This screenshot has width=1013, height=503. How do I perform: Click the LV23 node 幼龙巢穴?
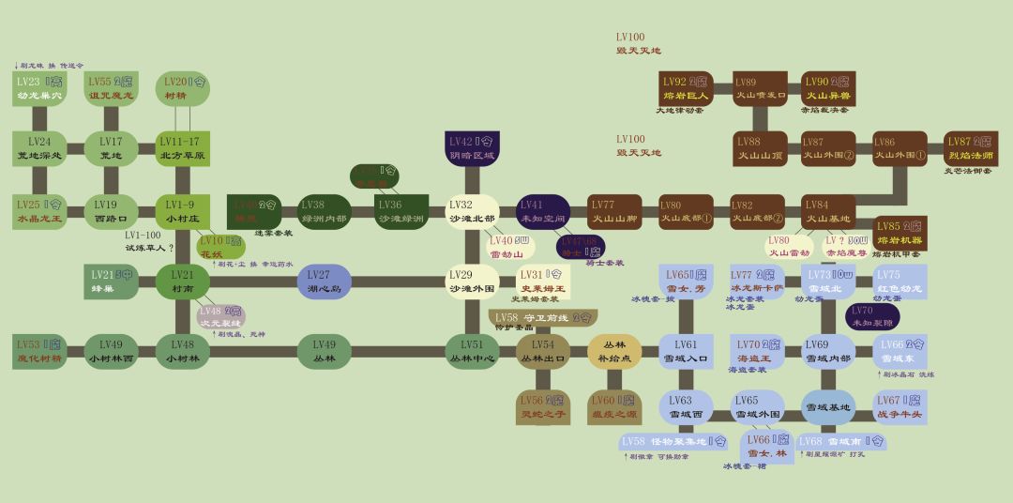click(x=39, y=89)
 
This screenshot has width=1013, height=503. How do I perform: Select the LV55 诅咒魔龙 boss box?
click(x=111, y=89)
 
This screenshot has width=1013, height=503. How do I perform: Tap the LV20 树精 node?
click(x=181, y=89)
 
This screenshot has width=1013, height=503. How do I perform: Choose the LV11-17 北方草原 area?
click(x=182, y=148)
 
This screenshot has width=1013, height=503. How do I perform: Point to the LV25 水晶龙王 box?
click(x=39, y=212)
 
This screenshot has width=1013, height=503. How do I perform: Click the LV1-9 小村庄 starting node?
click(x=182, y=212)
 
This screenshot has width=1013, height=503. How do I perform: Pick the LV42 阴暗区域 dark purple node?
click(x=473, y=148)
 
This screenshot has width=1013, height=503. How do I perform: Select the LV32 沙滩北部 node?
click(x=473, y=212)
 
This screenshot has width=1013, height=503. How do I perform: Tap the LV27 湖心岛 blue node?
click(x=324, y=282)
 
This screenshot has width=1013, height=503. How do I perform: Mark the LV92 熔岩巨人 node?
click(x=686, y=89)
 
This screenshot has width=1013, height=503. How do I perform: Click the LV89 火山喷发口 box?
click(x=760, y=89)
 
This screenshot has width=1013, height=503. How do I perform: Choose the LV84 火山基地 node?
click(x=829, y=212)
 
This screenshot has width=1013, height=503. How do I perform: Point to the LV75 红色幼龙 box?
click(x=900, y=282)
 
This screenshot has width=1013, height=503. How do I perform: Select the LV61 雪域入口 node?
click(x=686, y=351)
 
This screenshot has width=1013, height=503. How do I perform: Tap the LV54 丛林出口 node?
click(x=543, y=351)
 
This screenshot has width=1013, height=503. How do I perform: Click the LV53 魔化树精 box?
click(x=39, y=351)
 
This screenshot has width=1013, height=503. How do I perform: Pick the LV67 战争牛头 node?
click(x=900, y=406)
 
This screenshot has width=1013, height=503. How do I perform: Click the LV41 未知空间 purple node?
click(x=543, y=212)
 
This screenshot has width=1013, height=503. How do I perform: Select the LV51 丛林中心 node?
click(x=473, y=351)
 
